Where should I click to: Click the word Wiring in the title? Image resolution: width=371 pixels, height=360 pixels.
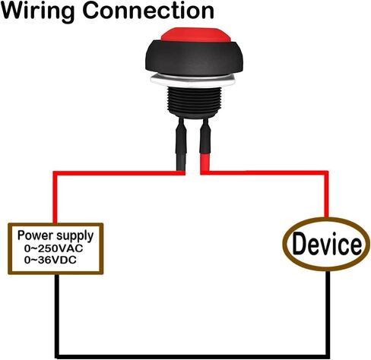click(38, 11)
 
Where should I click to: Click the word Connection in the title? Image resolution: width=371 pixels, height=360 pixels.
click(148, 11)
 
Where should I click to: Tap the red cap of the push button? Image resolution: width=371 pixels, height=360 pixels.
click(196, 35)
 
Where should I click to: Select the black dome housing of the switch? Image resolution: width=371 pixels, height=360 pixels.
click(194, 58)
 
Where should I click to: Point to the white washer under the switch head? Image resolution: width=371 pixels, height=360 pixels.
click(193, 81)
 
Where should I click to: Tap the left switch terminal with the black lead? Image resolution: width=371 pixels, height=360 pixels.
click(181, 144)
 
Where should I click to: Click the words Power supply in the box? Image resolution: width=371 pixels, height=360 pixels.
click(55, 236)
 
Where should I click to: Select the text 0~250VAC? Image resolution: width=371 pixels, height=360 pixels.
click(54, 248)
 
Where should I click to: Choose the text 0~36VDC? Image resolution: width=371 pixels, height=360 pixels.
click(50, 260)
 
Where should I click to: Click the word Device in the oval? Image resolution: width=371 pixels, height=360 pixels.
click(327, 244)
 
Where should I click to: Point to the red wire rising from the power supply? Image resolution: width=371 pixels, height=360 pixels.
click(55, 197)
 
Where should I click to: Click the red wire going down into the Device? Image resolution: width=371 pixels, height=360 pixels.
click(326, 194)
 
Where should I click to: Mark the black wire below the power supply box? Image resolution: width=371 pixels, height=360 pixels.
click(57, 315)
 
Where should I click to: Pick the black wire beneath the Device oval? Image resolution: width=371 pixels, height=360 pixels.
click(328, 314)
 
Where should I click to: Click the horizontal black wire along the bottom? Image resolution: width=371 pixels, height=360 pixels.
click(192, 357)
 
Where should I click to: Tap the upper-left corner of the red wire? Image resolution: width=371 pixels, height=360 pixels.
click(55, 173)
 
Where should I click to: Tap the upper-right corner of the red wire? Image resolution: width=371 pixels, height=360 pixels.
click(326, 173)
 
